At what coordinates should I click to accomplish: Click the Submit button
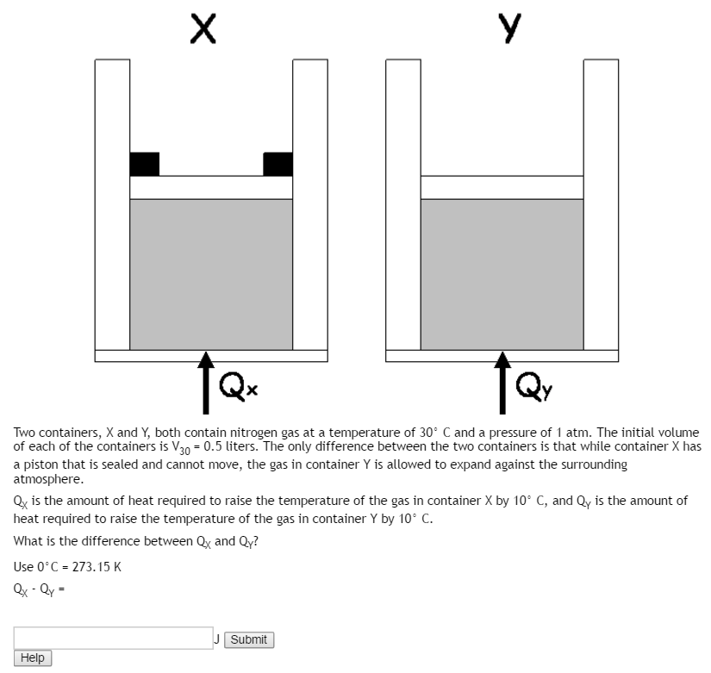coord(249,639)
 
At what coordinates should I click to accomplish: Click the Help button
coord(33,658)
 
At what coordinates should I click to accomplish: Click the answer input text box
coord(113,638)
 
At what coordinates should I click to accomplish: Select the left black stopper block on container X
coord(145,164)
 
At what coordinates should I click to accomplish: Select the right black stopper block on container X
coord(278,164)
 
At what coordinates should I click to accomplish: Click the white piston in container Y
coord(502,187)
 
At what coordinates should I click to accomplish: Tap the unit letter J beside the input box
coord(218,639)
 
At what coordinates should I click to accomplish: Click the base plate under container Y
coord(502,356)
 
